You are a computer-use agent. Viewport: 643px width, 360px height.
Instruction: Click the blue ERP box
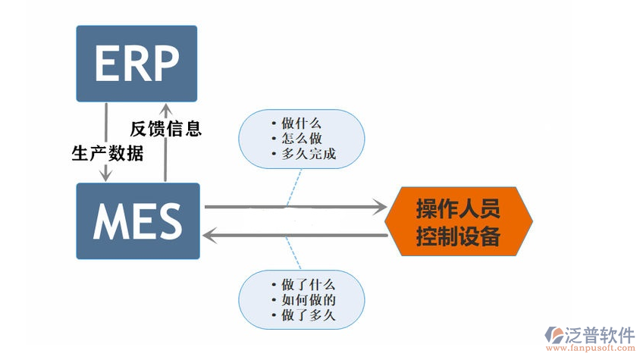(x=136, y=64)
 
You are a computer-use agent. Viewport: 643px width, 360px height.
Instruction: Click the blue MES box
(x=137, y=221)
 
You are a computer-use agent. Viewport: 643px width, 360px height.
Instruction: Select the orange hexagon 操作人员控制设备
(x=458, y=221)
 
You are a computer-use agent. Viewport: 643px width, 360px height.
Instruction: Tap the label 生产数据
(x=107, y=152)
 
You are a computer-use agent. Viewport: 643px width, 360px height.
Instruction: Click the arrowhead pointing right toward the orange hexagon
(x=378, y=206)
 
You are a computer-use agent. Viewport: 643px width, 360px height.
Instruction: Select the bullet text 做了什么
(x=308, y=285)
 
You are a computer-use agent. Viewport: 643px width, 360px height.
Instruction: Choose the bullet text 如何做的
(x=308, y=300)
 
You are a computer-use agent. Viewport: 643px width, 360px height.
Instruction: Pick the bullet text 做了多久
(x=308, y=315)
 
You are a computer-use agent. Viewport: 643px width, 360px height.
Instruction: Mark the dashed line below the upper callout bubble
(x=291, y=189)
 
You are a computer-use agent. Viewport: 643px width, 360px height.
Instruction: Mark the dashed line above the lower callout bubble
(x=292, y=254)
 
